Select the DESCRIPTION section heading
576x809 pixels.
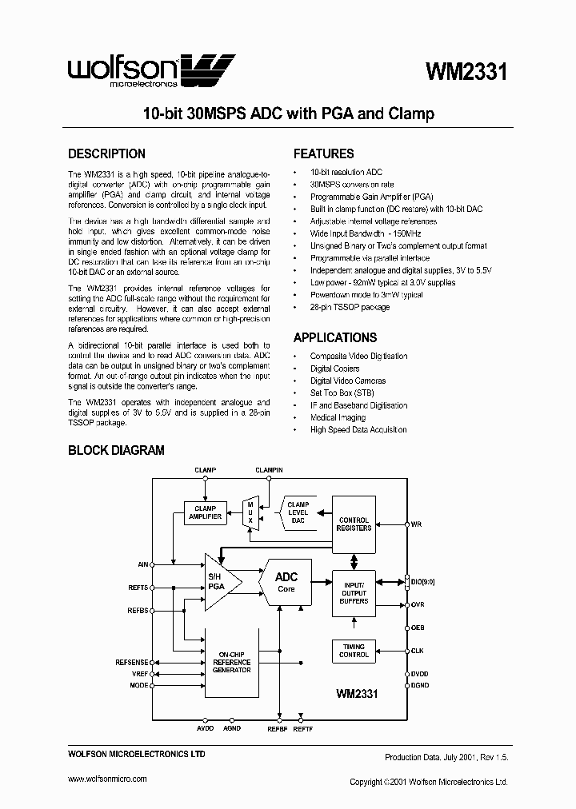[106, 153]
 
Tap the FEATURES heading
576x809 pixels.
[323, 153]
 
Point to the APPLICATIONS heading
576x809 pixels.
[334, 337]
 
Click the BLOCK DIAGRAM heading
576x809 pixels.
[116, 450]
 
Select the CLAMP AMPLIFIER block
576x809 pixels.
[206, 512]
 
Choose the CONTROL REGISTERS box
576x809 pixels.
[354, 524]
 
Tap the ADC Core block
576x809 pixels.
[286, 581]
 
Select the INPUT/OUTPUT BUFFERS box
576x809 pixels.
[354, 592]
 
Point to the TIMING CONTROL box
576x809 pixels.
[354, 650]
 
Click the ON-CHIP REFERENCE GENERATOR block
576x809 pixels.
[232, 662]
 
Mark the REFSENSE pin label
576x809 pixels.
[131, 662]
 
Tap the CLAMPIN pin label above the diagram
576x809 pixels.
[269, 471]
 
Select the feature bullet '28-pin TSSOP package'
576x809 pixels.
[350, 307]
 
